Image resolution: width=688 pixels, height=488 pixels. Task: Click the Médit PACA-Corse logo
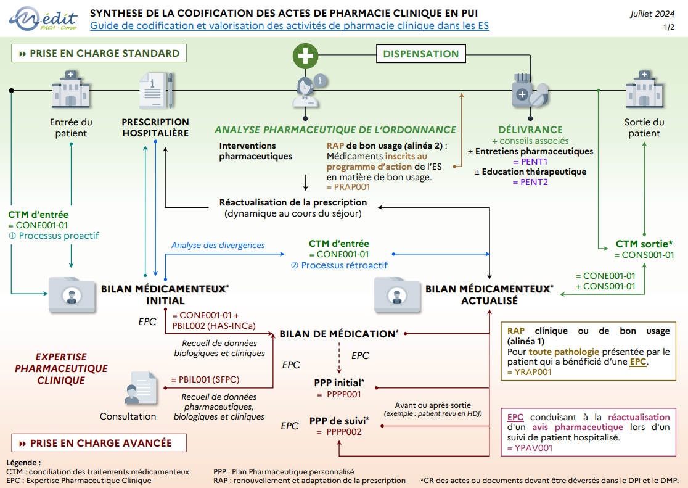click(x=43, y=20)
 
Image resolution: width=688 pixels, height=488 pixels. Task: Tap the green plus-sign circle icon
click(x=305, y=56)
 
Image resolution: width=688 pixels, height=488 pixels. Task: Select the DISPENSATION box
click(x=421, y=54)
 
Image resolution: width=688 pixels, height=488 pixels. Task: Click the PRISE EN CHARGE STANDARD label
click(x=99, y=54)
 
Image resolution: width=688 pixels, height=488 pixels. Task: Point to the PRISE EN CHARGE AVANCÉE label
click(x=99, y=443)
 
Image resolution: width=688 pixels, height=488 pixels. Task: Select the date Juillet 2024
click(x=652, y=14)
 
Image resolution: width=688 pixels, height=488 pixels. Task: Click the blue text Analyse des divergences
click(x=218, y=245)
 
